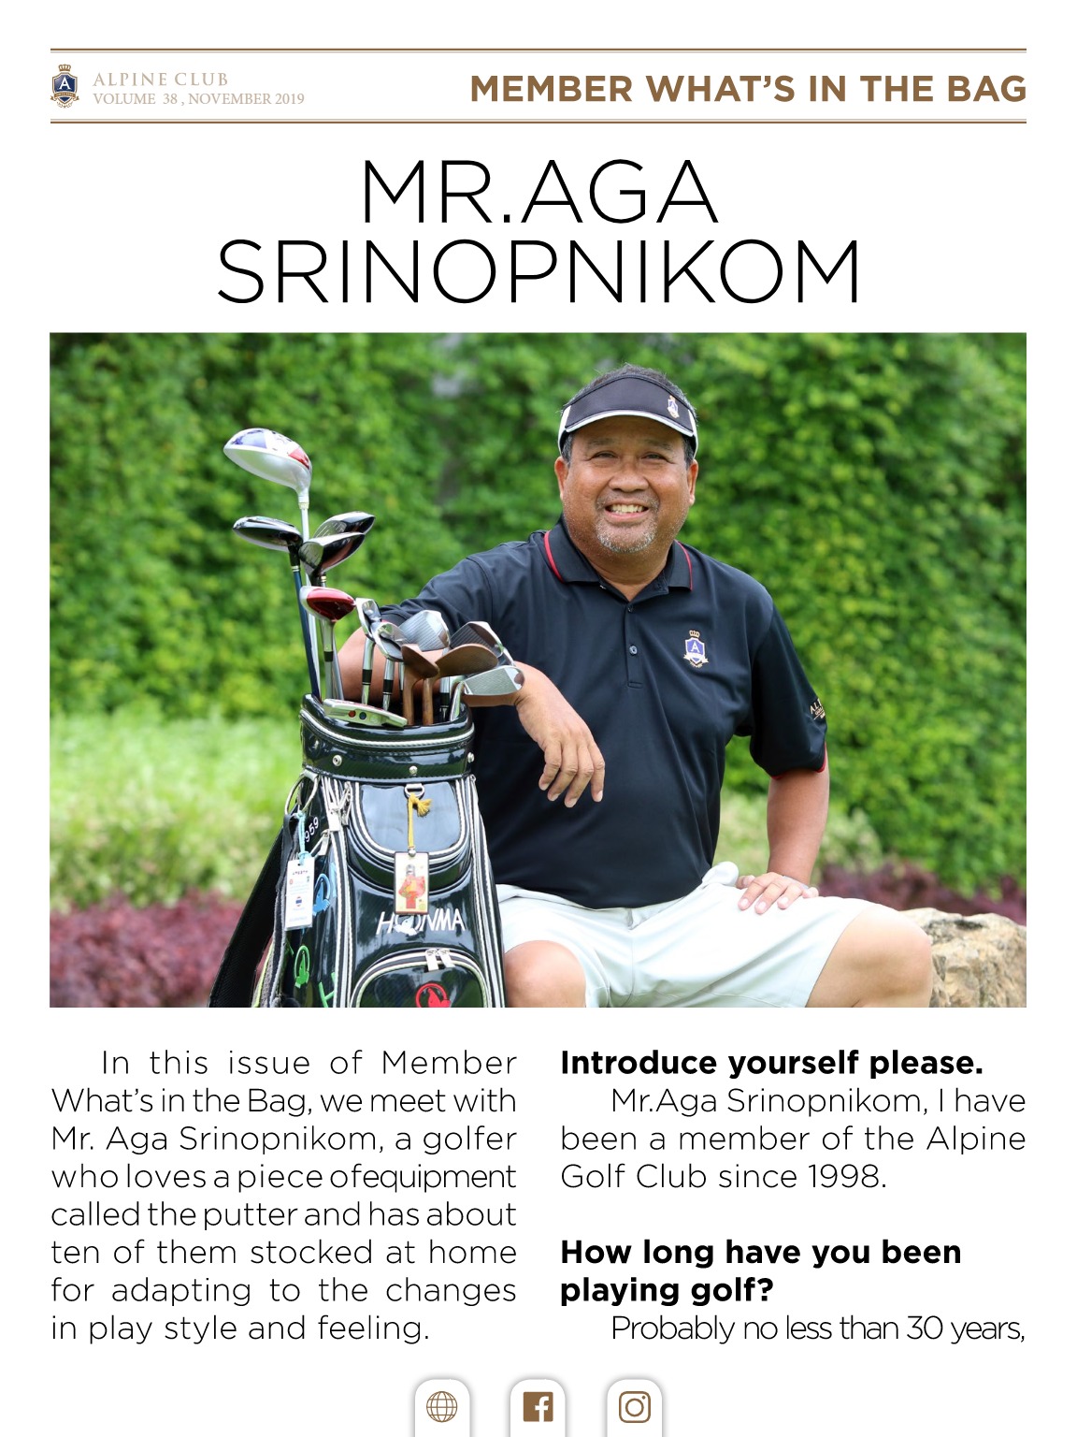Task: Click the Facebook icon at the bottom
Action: point(538,1406)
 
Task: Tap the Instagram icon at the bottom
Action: point(634,1406)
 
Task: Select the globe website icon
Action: point(441,1406)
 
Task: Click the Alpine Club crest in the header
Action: point(65,86)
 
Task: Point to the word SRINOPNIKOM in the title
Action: point(538,272)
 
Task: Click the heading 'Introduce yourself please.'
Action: point(771,1063)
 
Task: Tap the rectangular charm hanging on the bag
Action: point(411,881)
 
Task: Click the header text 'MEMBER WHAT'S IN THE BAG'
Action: point(748,89)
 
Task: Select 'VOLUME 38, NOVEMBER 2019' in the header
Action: point(198,98)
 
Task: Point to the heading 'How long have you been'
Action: point(760,1252)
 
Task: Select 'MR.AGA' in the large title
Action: point(538,192)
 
